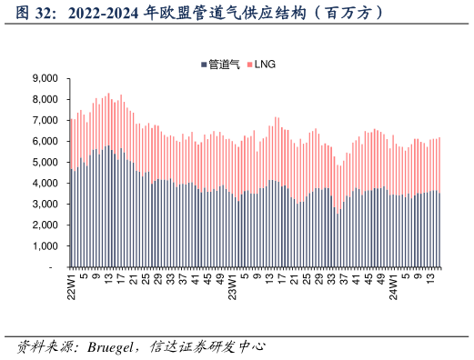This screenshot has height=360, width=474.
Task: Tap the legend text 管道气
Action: click(x=224, y=64)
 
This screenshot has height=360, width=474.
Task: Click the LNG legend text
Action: click(x=265, y=64)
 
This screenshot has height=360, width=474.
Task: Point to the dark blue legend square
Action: click(x=204, y=65)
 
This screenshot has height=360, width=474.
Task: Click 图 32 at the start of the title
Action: click(x=36, y=14)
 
